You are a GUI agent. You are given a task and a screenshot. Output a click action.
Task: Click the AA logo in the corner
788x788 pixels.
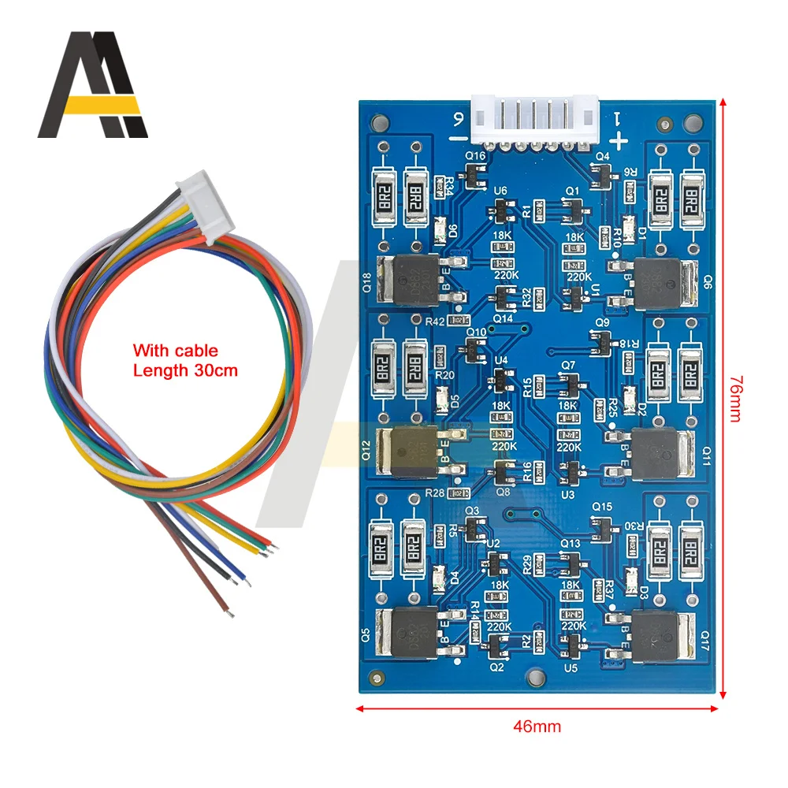pos(93,84)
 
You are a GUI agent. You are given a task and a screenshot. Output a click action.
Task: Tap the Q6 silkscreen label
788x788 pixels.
pos(707,284)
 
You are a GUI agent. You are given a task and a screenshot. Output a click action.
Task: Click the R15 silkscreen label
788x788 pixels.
pos(526,386)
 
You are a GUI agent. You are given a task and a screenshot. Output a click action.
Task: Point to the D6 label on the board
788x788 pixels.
pos(452,231)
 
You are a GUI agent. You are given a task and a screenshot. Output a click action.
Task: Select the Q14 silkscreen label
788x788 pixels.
pos(503,318)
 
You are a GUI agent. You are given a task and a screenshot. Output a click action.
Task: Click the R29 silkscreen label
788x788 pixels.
pos(526,564)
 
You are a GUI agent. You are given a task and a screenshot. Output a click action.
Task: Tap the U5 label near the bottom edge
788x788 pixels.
pos(571,667)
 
